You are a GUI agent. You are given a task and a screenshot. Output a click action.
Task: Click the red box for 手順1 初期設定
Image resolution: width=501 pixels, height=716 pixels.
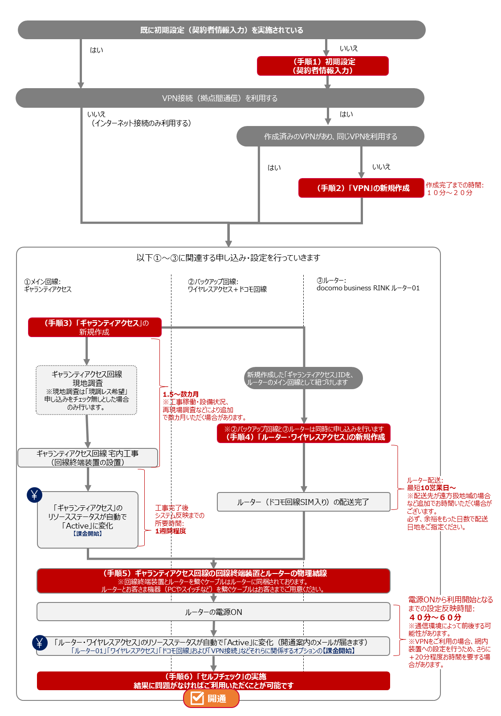point(322,66)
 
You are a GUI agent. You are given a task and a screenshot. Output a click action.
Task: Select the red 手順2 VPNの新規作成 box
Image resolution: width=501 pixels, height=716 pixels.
point(361,188)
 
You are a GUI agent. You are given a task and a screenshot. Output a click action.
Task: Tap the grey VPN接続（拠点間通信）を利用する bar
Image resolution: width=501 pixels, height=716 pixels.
point(220,98)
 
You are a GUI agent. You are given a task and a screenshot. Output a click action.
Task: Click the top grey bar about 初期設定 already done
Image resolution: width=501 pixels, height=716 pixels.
point(221,30)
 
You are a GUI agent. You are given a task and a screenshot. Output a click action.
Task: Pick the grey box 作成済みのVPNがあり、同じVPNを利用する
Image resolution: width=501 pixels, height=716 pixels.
point(330,136)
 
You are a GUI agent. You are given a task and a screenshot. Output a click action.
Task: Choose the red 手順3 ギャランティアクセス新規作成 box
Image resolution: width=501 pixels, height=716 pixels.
point(94,327)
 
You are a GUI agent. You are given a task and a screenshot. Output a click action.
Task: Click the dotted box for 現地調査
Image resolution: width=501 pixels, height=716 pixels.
point(86,390)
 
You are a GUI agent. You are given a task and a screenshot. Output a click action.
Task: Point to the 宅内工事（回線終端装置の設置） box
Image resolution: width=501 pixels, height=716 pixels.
point(88,458)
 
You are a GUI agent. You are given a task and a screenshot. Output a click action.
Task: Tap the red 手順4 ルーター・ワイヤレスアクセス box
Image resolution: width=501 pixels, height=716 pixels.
point(304,433)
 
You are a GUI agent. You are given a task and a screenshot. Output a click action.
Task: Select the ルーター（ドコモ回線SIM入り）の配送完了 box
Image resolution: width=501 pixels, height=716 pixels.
point(303,502)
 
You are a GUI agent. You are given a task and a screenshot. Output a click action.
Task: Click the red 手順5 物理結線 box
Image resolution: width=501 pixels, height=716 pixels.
point(213,581)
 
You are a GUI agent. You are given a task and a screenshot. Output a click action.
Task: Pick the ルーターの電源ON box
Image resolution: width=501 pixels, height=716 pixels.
point(213,612)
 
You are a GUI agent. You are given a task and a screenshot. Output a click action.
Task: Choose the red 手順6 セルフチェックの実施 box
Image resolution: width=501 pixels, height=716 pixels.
point(213,681)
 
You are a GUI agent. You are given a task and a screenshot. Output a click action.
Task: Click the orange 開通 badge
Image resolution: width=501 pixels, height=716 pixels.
point(211,698)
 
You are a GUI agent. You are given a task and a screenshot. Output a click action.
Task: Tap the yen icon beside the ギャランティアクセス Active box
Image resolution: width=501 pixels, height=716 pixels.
point(34,495)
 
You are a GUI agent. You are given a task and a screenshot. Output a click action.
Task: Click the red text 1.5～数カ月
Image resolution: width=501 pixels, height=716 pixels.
point(180,394)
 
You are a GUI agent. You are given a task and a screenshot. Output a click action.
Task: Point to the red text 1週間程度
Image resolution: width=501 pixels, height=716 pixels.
point(171,531)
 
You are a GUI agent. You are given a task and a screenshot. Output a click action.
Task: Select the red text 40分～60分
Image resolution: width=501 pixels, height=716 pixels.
point(435,617)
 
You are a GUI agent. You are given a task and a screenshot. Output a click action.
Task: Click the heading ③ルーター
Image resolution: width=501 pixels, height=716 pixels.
point(331,281)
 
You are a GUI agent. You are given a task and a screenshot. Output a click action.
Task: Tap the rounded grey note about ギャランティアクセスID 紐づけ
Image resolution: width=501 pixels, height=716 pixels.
point(303,378)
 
